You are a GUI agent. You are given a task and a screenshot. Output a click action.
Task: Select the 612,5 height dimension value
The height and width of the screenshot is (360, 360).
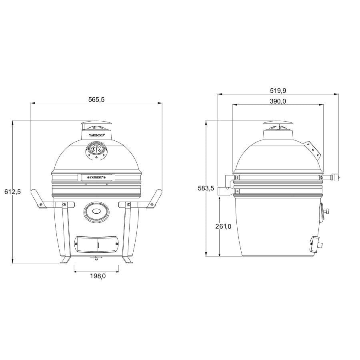click(12, 192)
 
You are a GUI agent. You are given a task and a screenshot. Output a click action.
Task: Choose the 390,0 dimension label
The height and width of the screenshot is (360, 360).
click(278, 101)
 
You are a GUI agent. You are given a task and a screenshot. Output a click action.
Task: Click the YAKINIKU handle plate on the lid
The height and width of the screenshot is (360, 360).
click(96, 176)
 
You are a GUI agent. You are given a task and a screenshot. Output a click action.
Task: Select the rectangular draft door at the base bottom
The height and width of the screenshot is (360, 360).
click(96, 243)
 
